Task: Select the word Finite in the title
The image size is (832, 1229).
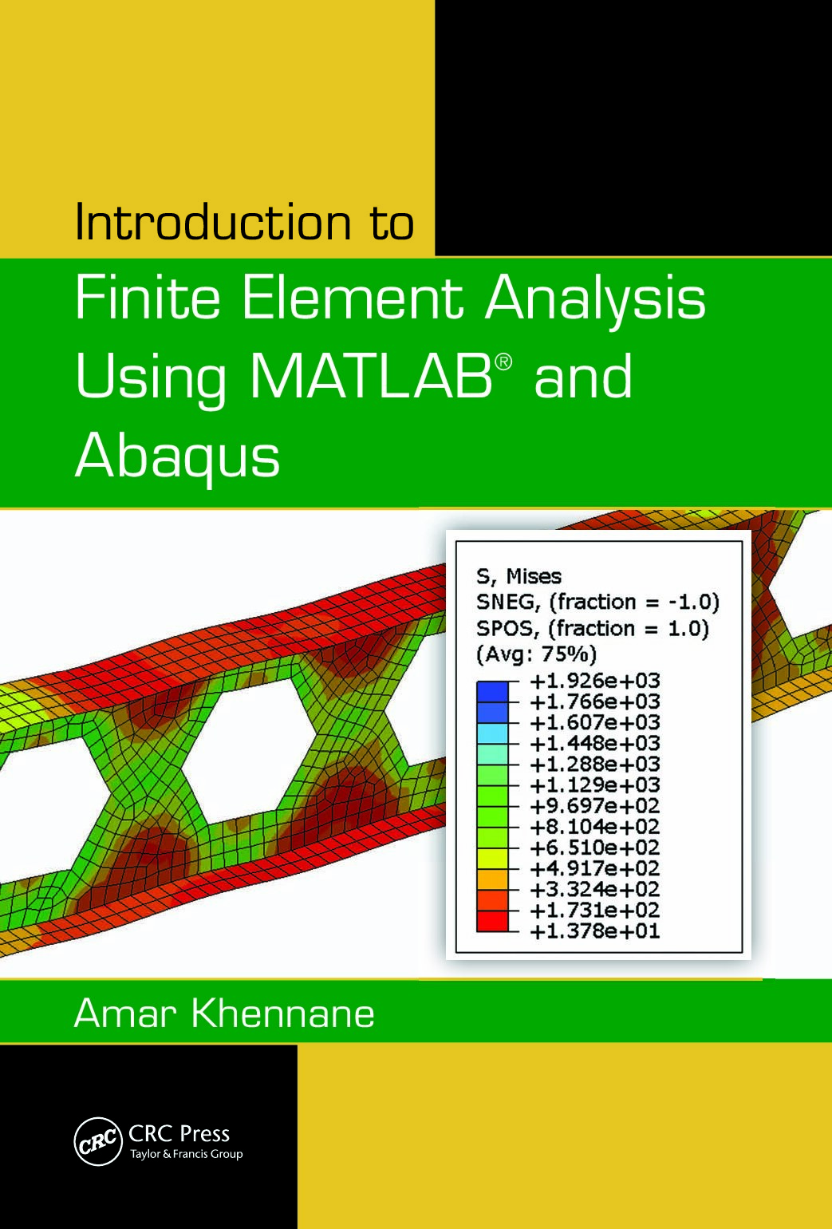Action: click(x=147, y=298)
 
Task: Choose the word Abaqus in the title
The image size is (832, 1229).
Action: click(x=177, y=457)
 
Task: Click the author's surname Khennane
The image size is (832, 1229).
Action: click(x=282, y=1014)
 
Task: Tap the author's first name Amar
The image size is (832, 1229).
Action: click(x=124, y=1014)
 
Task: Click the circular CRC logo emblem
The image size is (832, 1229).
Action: click(x=97, y=1142)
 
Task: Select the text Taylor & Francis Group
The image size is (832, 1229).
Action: click(x=186, y=1154)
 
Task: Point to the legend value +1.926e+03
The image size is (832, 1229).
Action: click(x=594, y=681)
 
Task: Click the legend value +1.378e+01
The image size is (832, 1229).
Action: click(x=594, y=931)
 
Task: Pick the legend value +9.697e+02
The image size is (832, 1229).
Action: click(x=594, y=805)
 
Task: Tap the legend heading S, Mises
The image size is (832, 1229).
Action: click(x=519, y=576)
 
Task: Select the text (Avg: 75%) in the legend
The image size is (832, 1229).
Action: click(x=536, y=654)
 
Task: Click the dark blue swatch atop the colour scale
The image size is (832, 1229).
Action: click(x=491, y=691)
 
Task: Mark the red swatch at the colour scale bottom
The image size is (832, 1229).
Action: click(x=491, y=920)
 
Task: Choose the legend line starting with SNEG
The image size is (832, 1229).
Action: click(x=597, y=602)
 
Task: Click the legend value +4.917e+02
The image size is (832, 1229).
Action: click(x=594, y=868)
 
